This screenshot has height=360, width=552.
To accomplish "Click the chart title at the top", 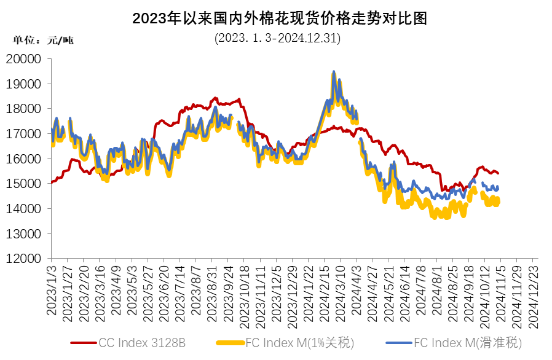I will coord(280,18).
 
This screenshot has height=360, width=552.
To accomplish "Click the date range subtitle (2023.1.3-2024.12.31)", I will coord(278,38).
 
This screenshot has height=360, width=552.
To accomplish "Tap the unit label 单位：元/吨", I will coord(43,41).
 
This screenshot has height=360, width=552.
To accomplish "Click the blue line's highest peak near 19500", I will coord(334,72).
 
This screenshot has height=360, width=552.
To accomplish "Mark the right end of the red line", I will coord(498,173).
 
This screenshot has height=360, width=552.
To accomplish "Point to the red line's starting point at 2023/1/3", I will coord(52,182).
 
